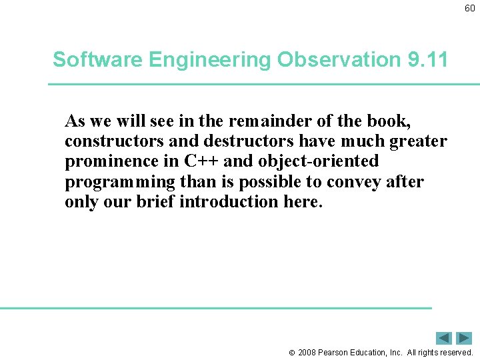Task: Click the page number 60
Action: [470, 9]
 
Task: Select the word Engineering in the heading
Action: [210, 60]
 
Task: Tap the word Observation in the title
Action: [339, 60]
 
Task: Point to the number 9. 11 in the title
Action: [427, 60]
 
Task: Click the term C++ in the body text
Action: [197, 161]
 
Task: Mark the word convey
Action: [356, 182]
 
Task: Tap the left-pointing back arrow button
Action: [444, 338]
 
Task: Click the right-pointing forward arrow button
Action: [464, 338]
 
